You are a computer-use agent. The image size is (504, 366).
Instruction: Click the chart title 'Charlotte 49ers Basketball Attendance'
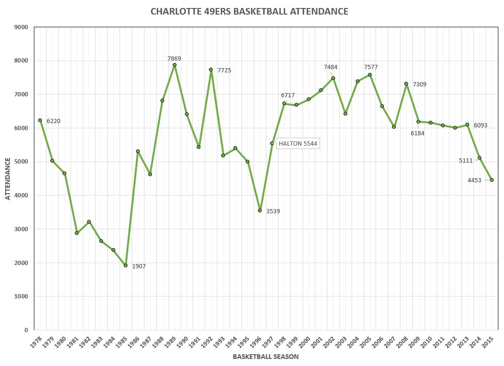(249, 11)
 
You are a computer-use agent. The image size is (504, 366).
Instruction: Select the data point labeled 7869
(175, 65)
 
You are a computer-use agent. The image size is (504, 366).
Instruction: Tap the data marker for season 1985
(126, 265)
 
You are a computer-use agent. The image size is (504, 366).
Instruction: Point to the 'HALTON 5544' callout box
(298, 143)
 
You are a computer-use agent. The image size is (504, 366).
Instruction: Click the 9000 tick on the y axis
(22, 27)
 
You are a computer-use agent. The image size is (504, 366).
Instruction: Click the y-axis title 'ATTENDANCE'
(8, 179)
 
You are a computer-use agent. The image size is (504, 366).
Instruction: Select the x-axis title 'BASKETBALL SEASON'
(265, 357)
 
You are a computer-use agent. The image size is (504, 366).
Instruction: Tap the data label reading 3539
(273, 211)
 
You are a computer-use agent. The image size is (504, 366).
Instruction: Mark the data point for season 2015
(492, 180)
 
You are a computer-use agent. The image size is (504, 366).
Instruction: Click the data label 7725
(224, 70)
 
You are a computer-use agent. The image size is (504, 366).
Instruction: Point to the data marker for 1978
(40, 120)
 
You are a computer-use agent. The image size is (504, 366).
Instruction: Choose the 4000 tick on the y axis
(22, 195)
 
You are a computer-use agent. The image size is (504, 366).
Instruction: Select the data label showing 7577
(371, 67)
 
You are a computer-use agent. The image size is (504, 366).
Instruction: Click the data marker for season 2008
(406, 84)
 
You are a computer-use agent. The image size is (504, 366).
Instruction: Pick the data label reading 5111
(466, 161)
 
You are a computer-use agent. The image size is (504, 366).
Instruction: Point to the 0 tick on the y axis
(26, 330)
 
